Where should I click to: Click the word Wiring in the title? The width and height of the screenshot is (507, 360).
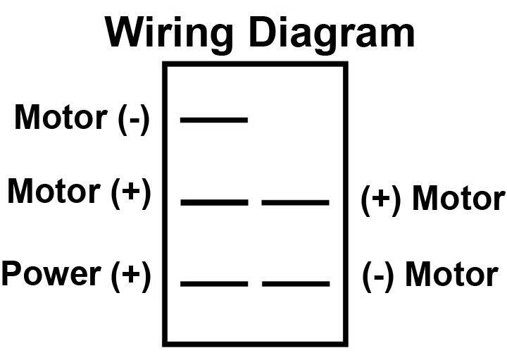click(169, 35)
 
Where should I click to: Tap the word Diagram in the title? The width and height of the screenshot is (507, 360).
click(332, 35)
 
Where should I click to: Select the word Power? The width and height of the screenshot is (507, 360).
click(51, 273)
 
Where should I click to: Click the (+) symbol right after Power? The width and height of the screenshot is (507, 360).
click(131, 276)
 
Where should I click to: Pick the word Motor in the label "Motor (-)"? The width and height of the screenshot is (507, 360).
click(61, 117)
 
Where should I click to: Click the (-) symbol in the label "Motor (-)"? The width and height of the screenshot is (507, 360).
click(134, 119)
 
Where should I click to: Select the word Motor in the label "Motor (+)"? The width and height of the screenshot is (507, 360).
click(54, 191)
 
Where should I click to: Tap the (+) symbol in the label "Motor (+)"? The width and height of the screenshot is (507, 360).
click(131, 193)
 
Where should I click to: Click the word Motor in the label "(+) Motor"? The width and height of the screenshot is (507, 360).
click(459, 198)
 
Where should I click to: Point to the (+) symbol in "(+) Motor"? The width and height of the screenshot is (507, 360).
click(381, 200)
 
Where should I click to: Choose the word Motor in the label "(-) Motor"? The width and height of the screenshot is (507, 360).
click(451, 274)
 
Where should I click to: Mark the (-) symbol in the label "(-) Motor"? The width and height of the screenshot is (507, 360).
click(377, 277)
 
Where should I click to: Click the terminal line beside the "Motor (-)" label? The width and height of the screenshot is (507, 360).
click(214, 120)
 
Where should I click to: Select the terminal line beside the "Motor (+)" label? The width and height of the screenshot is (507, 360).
click(214, 202)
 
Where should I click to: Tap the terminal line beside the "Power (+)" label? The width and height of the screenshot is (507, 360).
click(214, 284)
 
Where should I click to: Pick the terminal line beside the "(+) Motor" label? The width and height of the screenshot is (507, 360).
click(296, 203)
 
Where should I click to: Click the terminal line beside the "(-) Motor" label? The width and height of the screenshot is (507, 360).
click(296, 284)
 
